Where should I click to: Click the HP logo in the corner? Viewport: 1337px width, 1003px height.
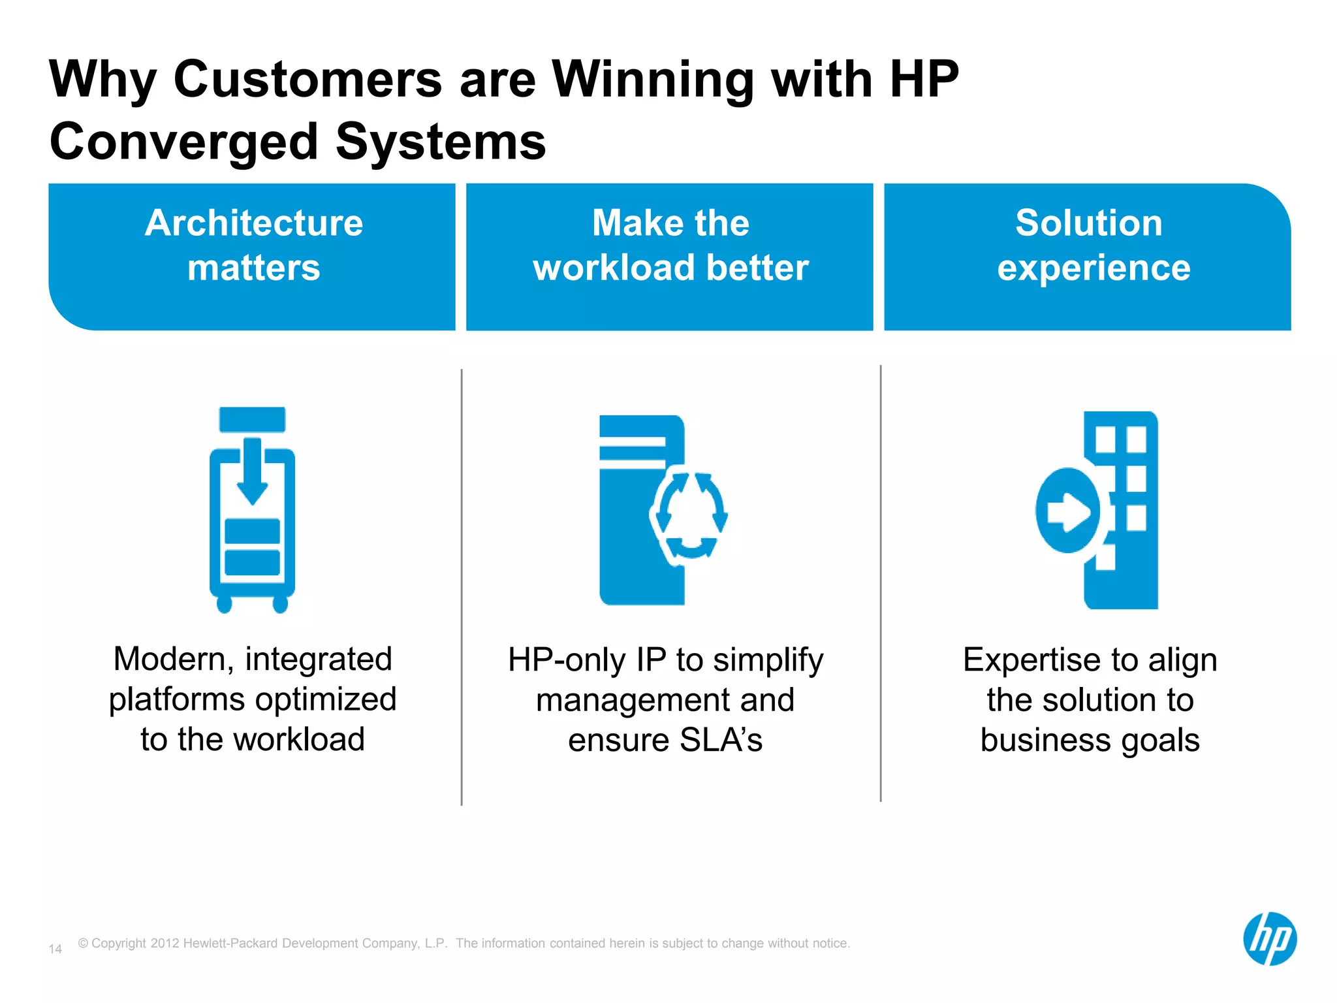tap(1269, 938)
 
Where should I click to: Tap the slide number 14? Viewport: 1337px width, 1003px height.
tap(55, 949)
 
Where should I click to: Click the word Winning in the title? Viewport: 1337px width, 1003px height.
tap(652, 80)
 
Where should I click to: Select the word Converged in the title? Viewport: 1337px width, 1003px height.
tap(183, 142)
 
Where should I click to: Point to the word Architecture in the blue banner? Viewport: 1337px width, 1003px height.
tap(254, 223)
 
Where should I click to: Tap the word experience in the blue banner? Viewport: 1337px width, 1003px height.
tap(1093, 268)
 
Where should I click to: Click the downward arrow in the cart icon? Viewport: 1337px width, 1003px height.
tap(252, 471)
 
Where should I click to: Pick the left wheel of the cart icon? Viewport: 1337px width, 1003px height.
tap(225, 604)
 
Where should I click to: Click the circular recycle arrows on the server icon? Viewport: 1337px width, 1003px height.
tap(689, 516)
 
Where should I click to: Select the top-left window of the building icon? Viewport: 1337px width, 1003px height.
tap(1105, 439)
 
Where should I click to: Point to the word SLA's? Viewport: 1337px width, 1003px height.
tap(721, 740)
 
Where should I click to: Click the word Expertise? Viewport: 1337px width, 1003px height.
tap(1032, 660)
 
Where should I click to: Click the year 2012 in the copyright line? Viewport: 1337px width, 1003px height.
tap(165, 943)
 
